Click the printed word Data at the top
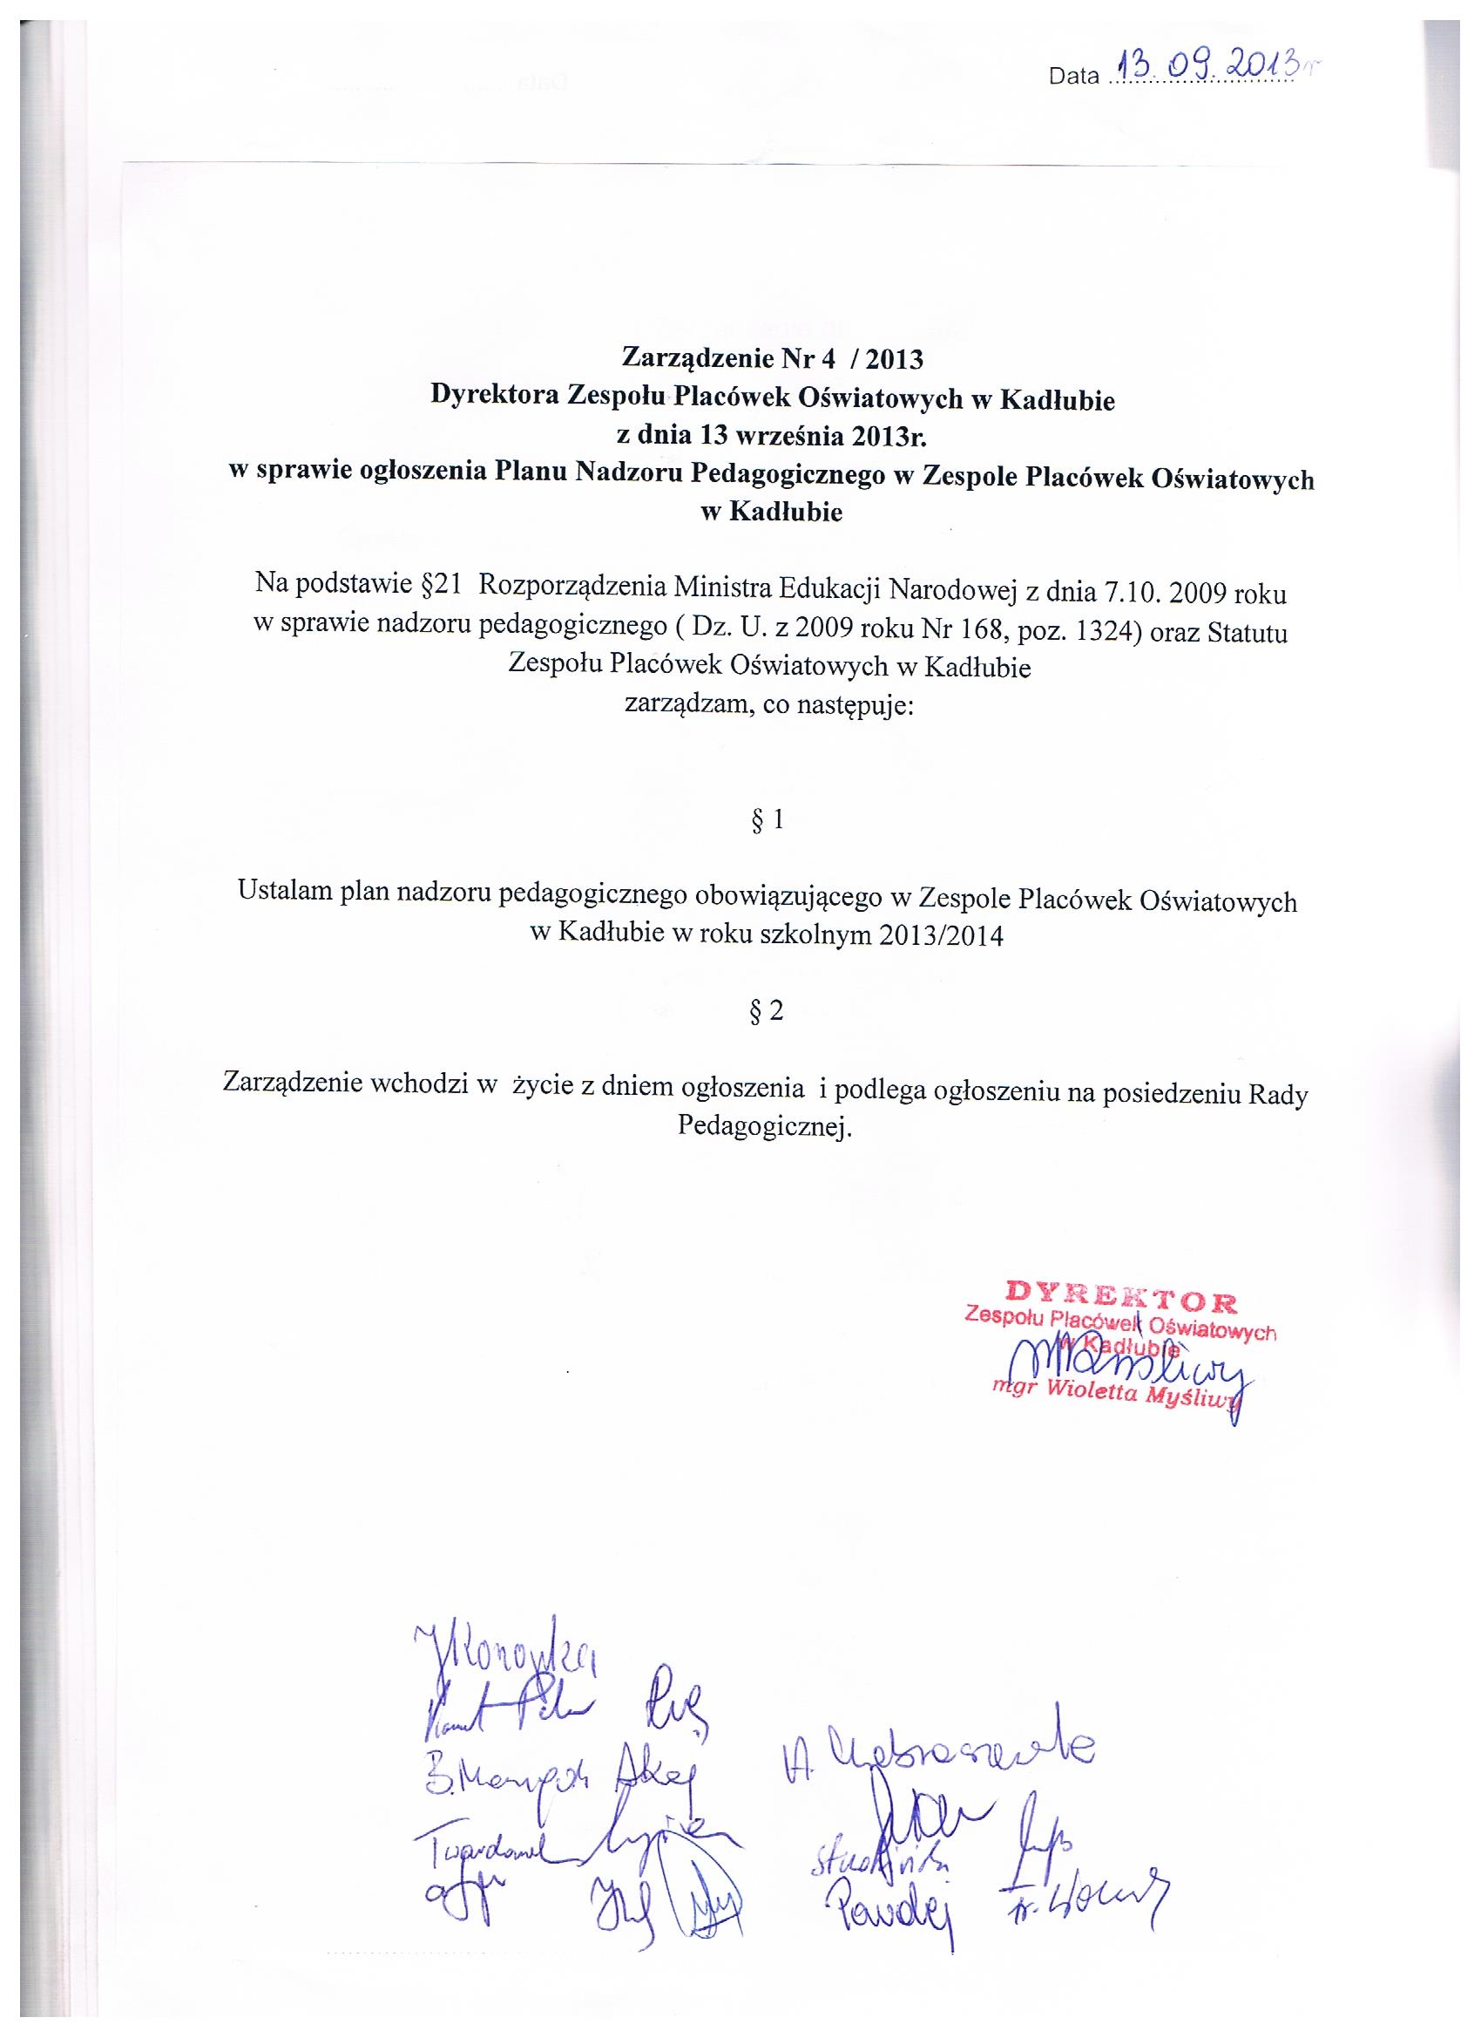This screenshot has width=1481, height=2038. [x=1073, y=78]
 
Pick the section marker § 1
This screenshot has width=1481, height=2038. [x=766, y=819]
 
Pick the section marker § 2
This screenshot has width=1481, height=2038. [x=766, y=1012]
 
